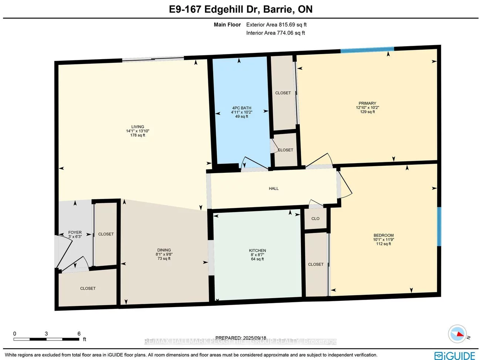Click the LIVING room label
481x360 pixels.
click(x=138, y=127)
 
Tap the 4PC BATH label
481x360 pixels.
click(x=242, y=108)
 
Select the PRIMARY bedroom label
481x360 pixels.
click(x=367, y=104)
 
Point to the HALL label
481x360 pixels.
click(x=274, y=189)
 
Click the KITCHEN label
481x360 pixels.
click(x=258, y=251)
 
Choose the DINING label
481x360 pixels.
click(x=164, y=250)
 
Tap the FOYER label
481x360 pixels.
click(x=75, y=232)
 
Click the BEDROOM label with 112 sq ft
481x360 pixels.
click(x=384, y=235)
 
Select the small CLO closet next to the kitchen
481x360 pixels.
click(x=315, y=219)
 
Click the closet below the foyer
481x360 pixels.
click(x=88, y=289)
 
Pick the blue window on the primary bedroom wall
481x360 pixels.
click(x=367, y=50)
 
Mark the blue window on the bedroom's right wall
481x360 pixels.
click(x=439, y=226)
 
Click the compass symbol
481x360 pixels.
click(x=457, y=334)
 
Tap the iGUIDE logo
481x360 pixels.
click(x=455, y=356)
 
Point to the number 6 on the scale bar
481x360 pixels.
click(x=79, y=334)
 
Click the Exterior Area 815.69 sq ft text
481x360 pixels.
click(x=276, y=25)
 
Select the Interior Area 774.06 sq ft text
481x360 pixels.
click(x=276, y=33)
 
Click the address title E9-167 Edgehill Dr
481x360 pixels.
click(x=240, y=9)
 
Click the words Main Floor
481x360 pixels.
click(x=227, y=25)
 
